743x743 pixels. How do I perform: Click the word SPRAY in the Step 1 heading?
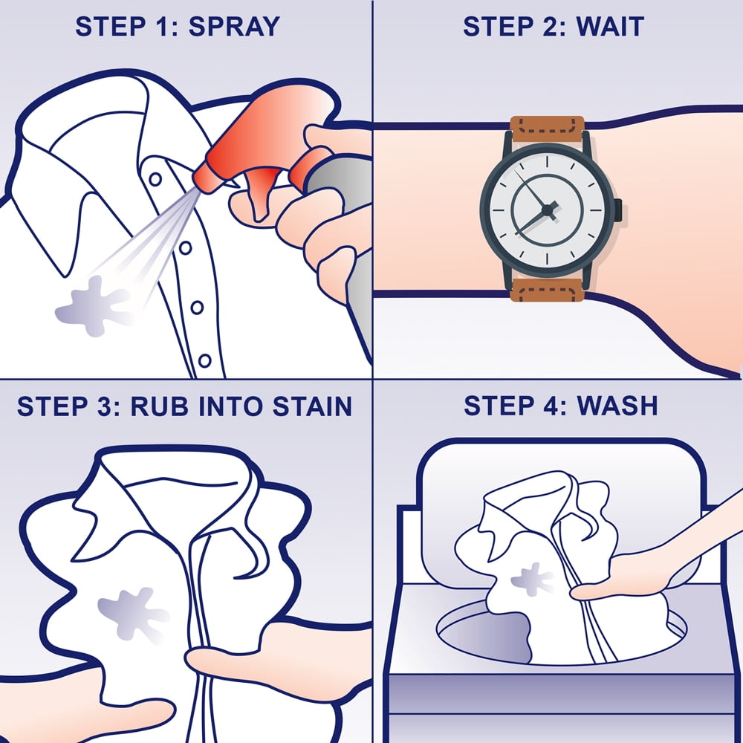pos(234,27)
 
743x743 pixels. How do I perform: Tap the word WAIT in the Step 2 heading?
pos(610,27)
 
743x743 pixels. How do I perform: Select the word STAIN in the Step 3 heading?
pos(312,406)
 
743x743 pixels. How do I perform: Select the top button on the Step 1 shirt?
pos(155,180)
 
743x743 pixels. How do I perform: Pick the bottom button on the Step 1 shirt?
pos(205,360)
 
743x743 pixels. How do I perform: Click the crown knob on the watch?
pos(618,210)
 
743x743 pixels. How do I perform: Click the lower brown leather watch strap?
pos(547,290)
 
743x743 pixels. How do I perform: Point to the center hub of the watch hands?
pos(548,210)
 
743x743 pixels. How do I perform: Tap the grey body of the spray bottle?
pos(350,227)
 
